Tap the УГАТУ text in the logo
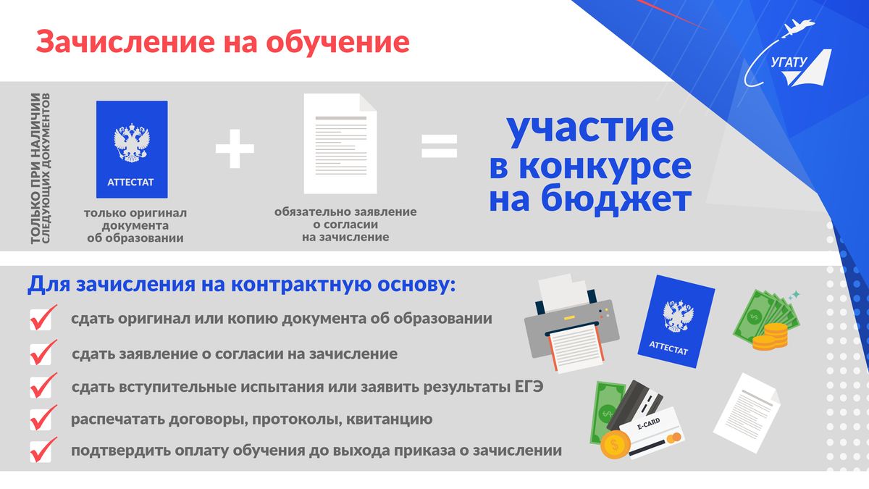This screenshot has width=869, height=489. (x=789, y=62)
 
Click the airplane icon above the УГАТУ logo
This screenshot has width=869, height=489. (x=797, y=28)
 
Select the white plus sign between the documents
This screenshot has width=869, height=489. (x=235, y=149)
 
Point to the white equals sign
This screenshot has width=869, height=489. (x=439, y=146)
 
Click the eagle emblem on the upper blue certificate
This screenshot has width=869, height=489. (x=132, y=143)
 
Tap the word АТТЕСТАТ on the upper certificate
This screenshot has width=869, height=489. (x=130, y=182)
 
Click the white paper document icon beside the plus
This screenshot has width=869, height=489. (x=340, y=143)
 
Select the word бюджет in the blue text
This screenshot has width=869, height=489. (x=616, y=200)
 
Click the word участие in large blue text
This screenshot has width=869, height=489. (x=590, y=128)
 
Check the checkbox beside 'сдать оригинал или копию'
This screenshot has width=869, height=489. (x=41, y=318)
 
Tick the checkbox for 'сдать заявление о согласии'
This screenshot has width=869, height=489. (x=41, y=354)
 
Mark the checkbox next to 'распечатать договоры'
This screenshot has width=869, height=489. (x=41, y=419)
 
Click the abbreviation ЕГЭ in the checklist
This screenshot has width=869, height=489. (x=529, y=387)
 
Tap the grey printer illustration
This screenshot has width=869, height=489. (x=571, y=323)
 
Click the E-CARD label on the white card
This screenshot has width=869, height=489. (x=648, y=424)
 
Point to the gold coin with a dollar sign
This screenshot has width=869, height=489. (x=615, y=444)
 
